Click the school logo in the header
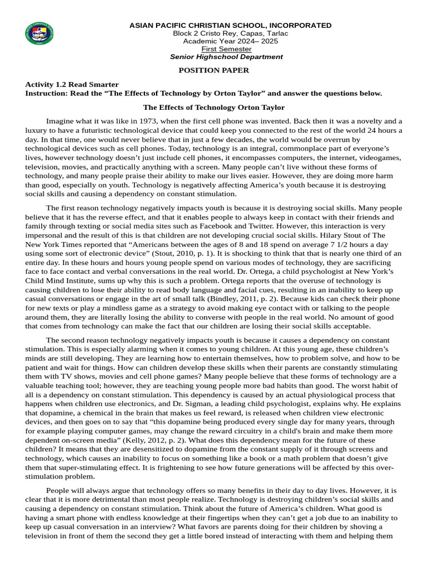coord(40,36)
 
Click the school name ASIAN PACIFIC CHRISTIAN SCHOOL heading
coord(230,26)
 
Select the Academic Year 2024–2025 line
coord(230,41)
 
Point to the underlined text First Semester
coord(226,49)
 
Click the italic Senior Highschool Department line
coord(226,57)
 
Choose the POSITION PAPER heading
coord(213,70)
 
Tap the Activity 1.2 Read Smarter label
coord(72,84)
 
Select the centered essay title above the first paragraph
coord(214,107)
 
